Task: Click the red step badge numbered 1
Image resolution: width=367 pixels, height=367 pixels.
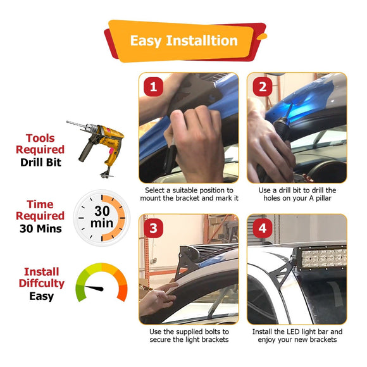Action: tap(153, 87)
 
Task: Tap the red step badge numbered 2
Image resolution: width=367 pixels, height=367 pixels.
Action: tap(263, 87)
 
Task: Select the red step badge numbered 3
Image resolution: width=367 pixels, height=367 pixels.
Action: tap(153, 228)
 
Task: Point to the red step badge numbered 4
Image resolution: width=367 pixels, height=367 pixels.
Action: tap(263, 228)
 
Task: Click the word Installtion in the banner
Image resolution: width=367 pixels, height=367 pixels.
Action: tap(202, 40)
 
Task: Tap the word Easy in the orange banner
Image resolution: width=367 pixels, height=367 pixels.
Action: tap(146, 41)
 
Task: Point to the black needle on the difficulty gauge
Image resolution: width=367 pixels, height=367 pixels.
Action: tap(94, 288)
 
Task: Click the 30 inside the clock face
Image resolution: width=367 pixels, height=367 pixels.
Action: tap(102, 211)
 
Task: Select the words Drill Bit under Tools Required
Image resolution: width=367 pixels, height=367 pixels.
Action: tap(40, 163)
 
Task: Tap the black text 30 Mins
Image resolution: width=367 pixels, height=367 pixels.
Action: tap(40, 228)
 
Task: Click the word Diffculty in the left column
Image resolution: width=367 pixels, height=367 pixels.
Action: tap(41, 283)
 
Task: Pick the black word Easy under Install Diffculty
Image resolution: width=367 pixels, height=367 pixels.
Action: tap(41, 297)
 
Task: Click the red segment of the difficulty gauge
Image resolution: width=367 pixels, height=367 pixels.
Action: tap(122, 293)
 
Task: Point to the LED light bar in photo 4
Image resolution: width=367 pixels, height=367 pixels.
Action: tap(320, 258)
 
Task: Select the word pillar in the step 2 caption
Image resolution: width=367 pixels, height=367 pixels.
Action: tap(323, 199)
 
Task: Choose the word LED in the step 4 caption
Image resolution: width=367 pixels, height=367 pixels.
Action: tap(293, 332)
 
